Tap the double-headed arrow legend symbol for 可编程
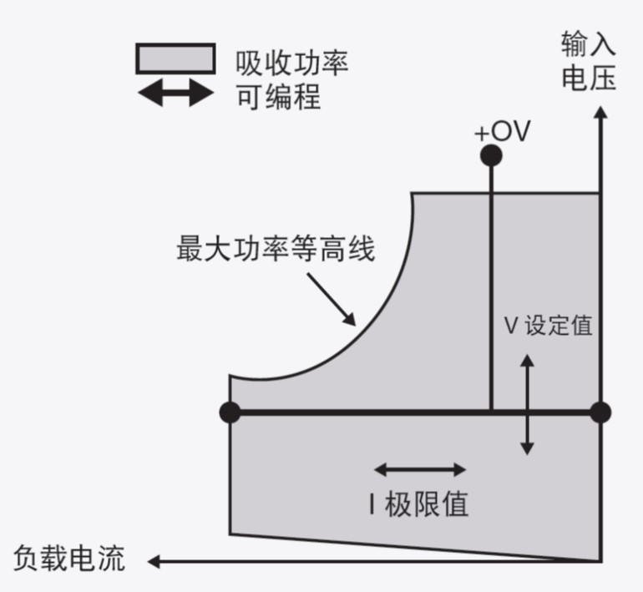[175, 94]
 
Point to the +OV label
[501, 133]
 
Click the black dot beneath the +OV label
[491, 155]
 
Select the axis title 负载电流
[70, 558]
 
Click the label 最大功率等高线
[276, 250]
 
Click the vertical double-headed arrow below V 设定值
[527, 404]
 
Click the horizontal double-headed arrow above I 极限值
[420, 469]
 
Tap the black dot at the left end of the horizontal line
[230, 412]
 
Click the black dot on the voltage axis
[600, 412]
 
